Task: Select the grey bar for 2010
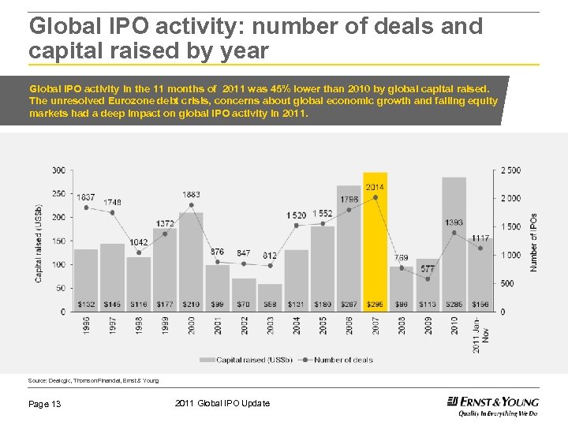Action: click(454, 245)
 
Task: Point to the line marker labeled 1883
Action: click(191, 205)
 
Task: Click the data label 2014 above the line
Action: click(375, 187)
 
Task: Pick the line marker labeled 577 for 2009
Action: click(428, 279)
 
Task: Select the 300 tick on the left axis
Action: click(59, 170)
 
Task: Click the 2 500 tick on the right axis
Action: click(510, 170)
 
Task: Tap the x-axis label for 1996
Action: click(86, 324)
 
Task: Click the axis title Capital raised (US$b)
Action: click(39, 243)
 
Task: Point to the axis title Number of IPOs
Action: click(534, 243)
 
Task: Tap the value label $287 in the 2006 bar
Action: click(349, 305)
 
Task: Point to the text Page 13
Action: click(45, 405)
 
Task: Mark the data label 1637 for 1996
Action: click(85, 196)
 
